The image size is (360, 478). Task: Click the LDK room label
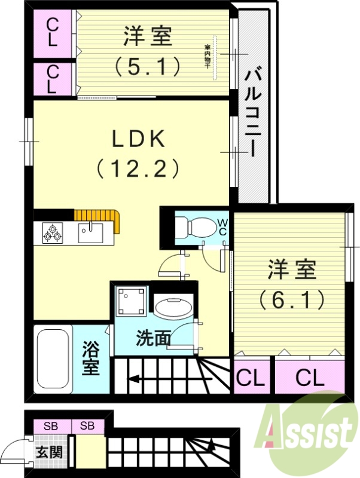139,139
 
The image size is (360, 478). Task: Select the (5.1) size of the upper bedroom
148,66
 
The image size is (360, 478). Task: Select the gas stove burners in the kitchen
53,232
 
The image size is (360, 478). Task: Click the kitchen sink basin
90,231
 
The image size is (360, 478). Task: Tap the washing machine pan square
131,301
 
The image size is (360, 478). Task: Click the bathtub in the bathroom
53,358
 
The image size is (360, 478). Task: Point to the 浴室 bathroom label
91,358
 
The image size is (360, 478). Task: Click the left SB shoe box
50,426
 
